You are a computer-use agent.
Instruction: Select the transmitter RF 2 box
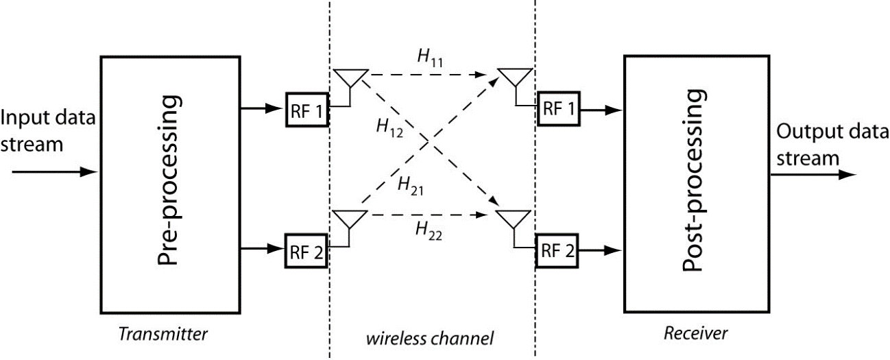(x=307, y=250)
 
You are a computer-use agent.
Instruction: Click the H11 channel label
(x=430, y=59)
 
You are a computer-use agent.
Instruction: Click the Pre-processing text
(x=169, y=180)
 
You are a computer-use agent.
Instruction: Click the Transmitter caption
(x=163, y=335)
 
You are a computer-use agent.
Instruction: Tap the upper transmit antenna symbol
(x=350, y=79)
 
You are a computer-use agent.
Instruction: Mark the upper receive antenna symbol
(x=514, y=78)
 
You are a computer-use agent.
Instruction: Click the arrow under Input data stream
(x=51, y=171)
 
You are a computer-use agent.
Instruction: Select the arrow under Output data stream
(x=813, y=175)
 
